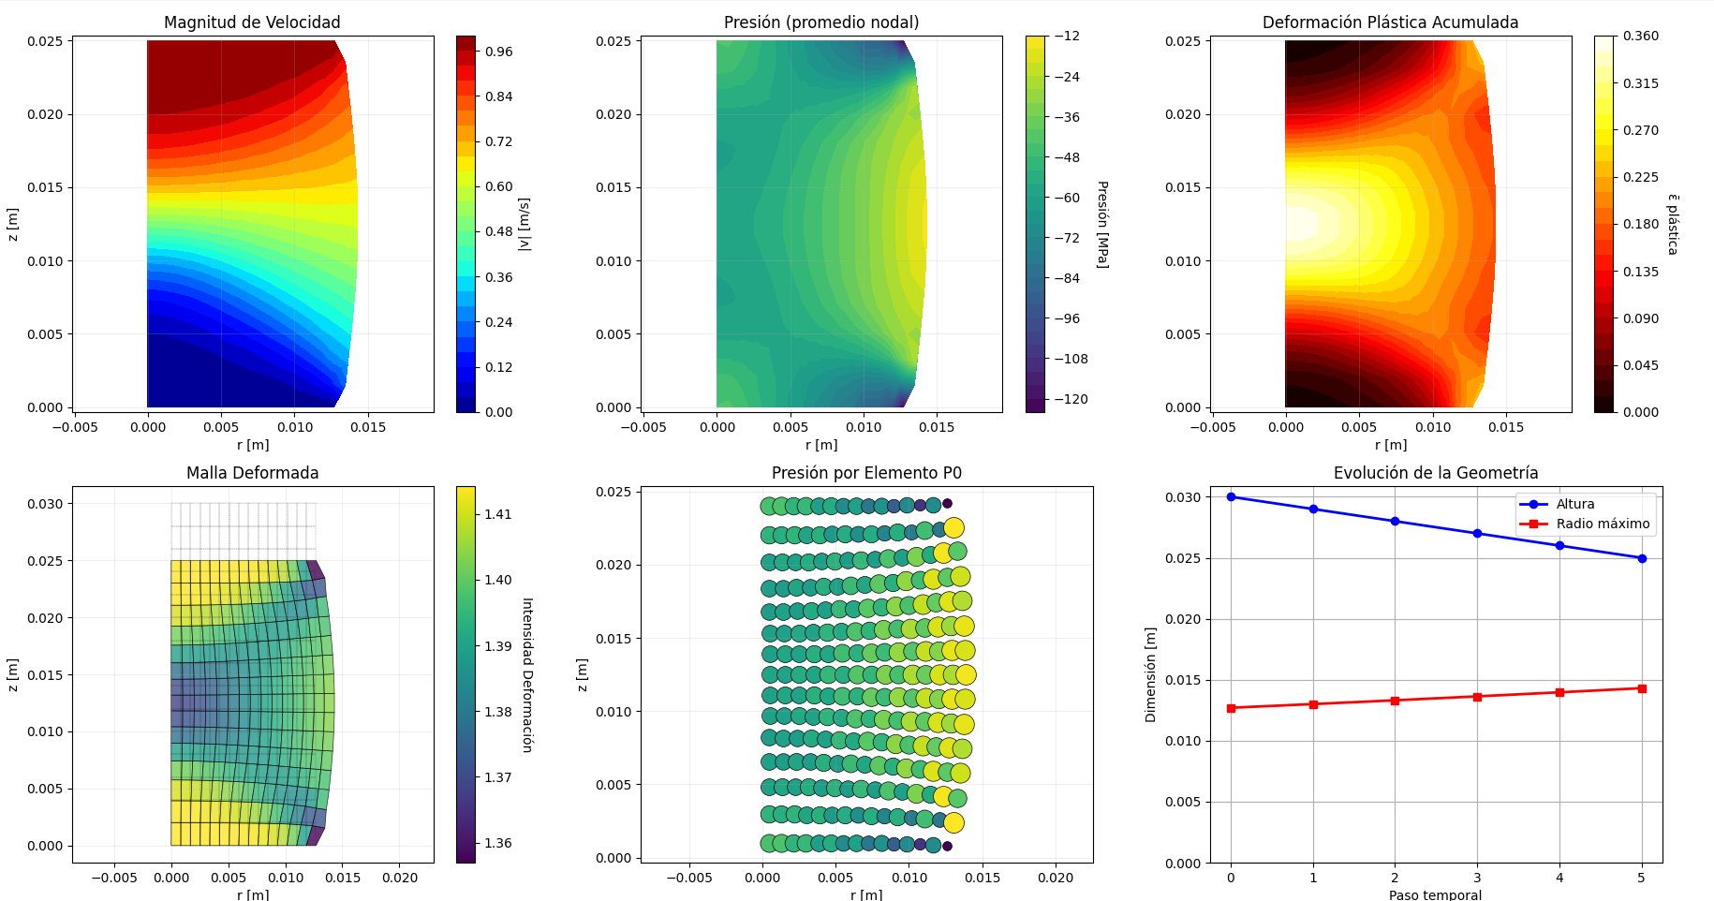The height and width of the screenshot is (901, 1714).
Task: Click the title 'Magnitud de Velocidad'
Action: tap(252, 22)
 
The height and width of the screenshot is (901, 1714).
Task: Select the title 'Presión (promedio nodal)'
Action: tap(821, 22)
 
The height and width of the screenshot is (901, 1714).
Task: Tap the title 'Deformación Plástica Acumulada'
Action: tap(1390, 22)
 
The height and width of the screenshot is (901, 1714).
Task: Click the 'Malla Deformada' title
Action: tap(252, 473)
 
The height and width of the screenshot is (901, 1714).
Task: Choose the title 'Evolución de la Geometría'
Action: tap(1436, 473)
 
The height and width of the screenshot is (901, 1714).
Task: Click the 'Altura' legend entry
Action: tap(1574, 504)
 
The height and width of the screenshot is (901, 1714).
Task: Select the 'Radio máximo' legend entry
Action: tap(1603, 524)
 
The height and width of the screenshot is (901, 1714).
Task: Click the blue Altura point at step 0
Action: tap(1231, 497)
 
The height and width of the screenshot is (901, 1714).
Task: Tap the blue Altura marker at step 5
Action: tap(1642, 558)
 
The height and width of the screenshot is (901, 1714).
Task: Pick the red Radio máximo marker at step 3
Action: tap(1477, 697)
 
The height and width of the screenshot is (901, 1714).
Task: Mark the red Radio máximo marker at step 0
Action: tap(1231, 708)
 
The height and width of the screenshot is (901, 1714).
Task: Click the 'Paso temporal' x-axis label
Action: tap(1435, 894)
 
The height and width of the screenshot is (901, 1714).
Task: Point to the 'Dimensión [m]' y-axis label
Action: tap(1151, 674)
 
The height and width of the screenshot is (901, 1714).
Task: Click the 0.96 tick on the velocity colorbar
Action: tap(498, 52)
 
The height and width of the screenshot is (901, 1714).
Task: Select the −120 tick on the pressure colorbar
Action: tap(1071, 399)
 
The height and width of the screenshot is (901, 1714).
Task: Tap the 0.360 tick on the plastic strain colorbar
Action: tap(1640, 37)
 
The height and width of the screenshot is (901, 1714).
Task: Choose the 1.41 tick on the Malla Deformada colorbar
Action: tap(497, 514)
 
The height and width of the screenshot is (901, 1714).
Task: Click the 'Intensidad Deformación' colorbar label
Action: tap(527, 674)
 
